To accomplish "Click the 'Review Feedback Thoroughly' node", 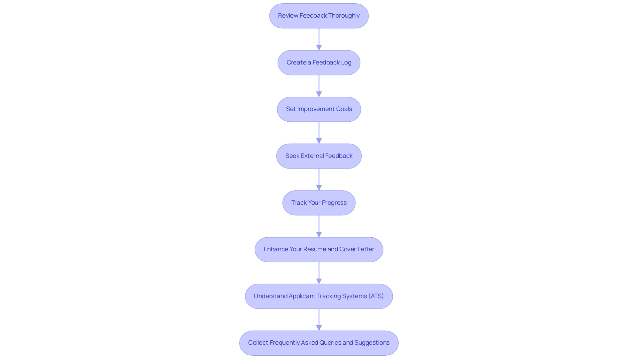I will (319, 16).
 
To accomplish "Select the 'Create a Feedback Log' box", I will (319, 62).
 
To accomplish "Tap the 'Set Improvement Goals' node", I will (319, 109).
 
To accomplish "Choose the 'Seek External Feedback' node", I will (319, 156).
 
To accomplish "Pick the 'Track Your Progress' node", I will (319, 203).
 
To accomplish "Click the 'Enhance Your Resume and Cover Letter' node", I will (319, 249).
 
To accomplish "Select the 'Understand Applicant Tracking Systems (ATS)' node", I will (319, 296).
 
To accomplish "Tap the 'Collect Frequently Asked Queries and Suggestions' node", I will (319, 343).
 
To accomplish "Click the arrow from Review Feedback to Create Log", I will (319, 39).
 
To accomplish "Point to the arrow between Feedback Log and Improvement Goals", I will (319, 86).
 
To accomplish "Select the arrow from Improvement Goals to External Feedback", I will (319, 133).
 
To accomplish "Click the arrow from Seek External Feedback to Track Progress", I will (319, 179).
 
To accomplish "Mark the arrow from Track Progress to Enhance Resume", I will (319, 226).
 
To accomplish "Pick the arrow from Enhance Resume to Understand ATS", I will (319, 273).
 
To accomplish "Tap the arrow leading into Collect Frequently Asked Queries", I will (319, 319).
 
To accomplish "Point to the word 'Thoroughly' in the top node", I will (344, 16).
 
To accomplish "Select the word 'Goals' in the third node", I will (344, 109).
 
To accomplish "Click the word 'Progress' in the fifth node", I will (334, 203).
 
